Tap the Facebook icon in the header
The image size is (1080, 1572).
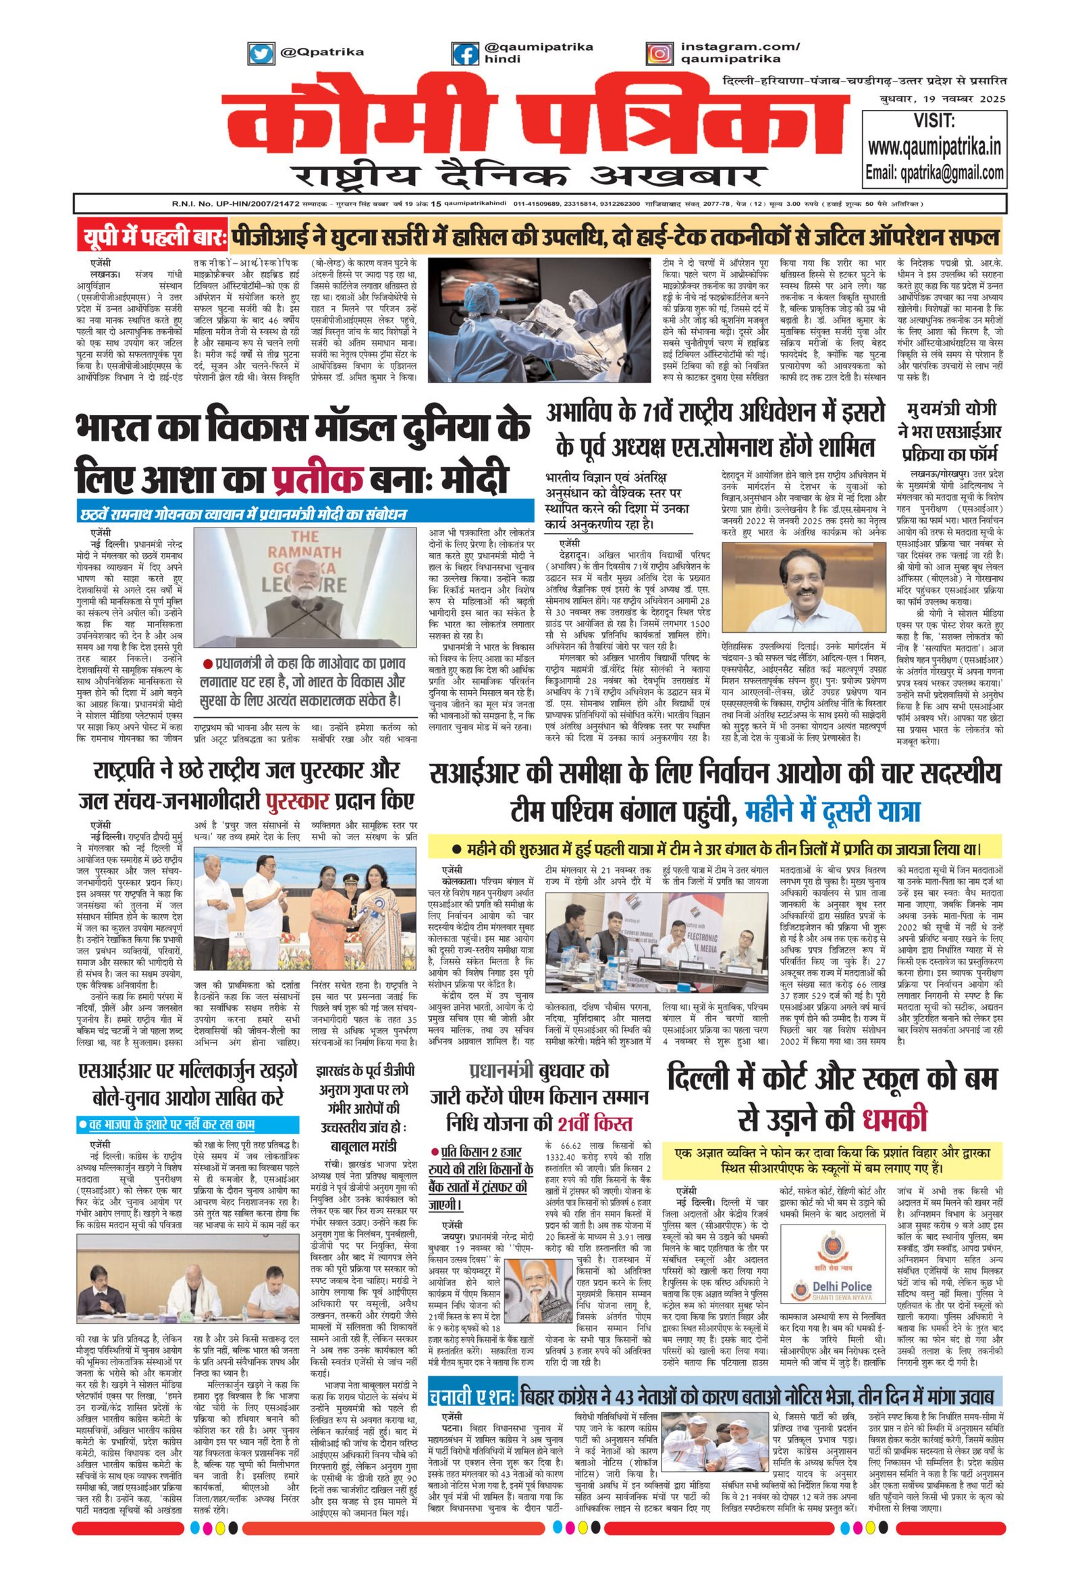point(465,53)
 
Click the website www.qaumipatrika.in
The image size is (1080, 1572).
point(934,147)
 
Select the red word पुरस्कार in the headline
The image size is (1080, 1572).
point(298,802)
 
